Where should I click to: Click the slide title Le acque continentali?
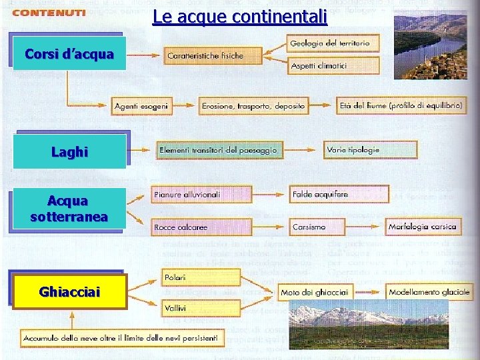(239, 16)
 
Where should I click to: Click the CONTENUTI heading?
(49, 13)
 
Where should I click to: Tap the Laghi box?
(70, 152)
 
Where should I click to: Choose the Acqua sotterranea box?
(69, 209)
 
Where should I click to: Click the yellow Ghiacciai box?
(70, 292)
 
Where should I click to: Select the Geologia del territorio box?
(334, 44)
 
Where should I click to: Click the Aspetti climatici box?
(334, 66)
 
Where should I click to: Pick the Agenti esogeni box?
(142, 105)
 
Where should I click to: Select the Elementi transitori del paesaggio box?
(217, 150)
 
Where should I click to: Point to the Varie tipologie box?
(371, 150)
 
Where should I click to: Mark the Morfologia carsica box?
(422, 227)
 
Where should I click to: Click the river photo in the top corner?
(429, 45)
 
